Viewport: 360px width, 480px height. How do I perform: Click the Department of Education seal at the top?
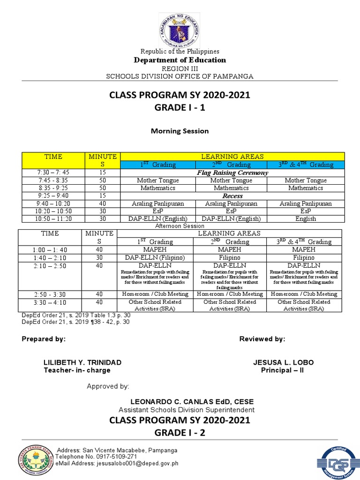[x=180, y=29]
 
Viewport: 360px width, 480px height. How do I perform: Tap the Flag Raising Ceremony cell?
[x=232, y=172]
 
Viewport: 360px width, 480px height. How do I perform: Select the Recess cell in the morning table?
[x=232, y=196]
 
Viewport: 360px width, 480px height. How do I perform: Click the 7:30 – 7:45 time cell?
[x=53, y=172]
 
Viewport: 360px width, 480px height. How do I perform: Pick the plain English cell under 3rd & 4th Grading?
[x=306, y=219]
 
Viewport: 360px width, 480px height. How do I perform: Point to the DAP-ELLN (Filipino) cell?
[x=154, y=258]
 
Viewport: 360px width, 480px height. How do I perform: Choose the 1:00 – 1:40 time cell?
[x=50, y=250]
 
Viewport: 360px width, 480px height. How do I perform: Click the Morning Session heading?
[x=180, y=131]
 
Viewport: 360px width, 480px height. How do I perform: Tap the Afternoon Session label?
[x=180, y=226]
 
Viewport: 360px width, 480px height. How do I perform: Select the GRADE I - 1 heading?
[x=180, y=108]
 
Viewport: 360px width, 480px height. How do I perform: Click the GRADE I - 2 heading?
[x=180, y=433]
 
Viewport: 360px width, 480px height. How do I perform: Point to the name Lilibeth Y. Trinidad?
[x=82, y=363]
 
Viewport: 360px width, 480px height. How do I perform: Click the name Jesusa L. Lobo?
[x=284, y=363]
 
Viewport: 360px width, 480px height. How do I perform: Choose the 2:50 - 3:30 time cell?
[x=50, y=294]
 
